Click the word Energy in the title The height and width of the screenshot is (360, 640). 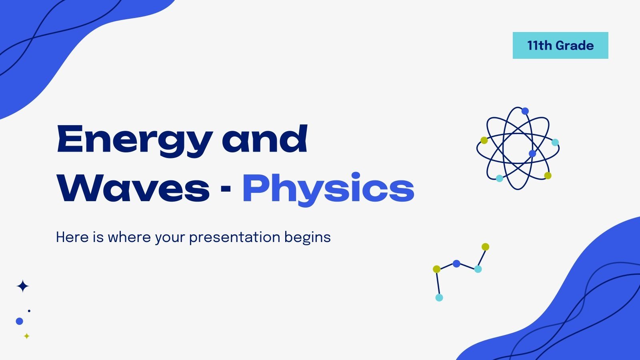(x=134, y=140)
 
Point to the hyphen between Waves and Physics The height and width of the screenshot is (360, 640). (x=226, y=188)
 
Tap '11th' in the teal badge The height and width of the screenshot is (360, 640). (x=539, y=46)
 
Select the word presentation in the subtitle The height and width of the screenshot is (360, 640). (x=235, y=237)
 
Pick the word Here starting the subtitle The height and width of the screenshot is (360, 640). (x=72, y=237)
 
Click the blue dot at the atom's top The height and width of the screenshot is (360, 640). (x=525, y=111)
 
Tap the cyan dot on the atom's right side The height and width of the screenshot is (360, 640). (x=555, y=142)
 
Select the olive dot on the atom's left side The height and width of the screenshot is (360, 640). (x=484, y=140)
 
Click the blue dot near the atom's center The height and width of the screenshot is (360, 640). (x=532, y=154)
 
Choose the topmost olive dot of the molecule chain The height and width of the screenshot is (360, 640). (x=485, y=247)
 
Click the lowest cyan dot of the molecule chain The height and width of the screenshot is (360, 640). (x=439, y=298)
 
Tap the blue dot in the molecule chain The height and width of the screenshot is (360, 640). (x=456, y=264)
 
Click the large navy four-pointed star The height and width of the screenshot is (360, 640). (x=23, y=286)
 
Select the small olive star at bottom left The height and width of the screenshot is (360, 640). (x=27, y=336)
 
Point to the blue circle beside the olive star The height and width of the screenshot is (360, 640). (x=19, y=321)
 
